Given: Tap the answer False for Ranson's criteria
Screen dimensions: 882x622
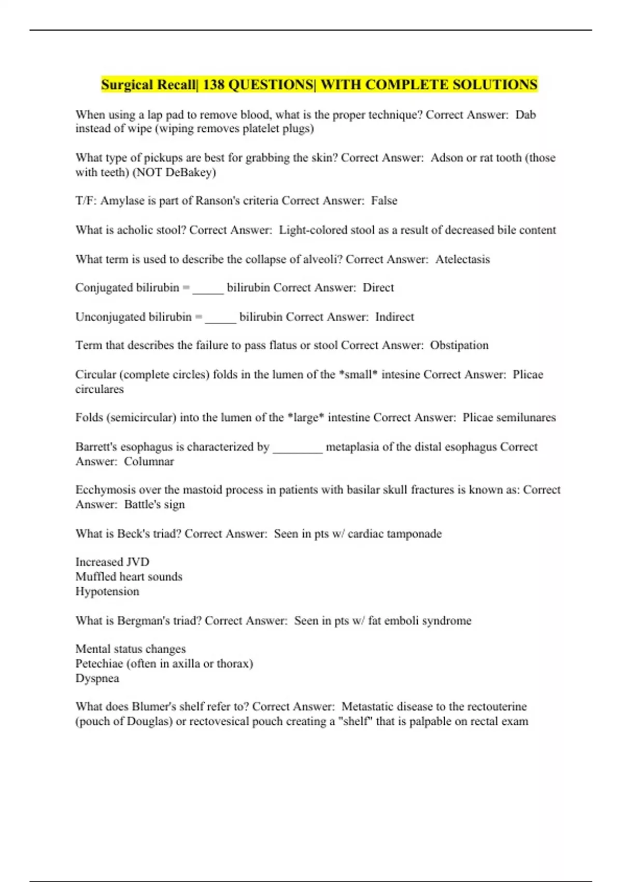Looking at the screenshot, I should coord(384,201).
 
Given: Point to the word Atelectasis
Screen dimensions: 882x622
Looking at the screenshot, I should coord(462,259).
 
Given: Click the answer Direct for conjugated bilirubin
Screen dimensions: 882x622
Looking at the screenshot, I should coord(378,288).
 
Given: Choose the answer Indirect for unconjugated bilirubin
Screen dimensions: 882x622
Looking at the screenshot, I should coord(394,317).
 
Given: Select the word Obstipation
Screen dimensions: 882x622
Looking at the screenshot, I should coord(459,346).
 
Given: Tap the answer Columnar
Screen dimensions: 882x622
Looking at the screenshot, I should coord(149,461).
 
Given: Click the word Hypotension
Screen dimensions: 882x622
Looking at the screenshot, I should coord(107,591).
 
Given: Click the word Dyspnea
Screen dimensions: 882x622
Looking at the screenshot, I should coord(97,679).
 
